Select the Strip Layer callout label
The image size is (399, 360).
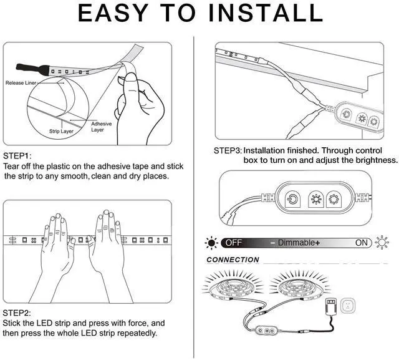tap(61, 132)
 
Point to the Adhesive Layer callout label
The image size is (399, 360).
tap(100, 127)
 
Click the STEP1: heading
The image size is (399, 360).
tap(17, 155)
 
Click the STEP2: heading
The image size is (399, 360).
tap(17, 313)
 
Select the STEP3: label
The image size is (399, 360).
tap(227, 150)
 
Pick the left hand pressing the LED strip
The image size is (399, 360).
tap(61, 243)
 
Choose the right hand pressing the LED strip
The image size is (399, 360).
tap(110, 243)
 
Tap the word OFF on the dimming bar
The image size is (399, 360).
tap(234, 243)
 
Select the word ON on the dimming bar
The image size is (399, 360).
tap(362, 243)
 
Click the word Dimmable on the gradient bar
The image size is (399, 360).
tap(296, 243)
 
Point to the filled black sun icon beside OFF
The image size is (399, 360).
tap(212, 243)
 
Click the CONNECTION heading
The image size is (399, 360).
tap(233, 260)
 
